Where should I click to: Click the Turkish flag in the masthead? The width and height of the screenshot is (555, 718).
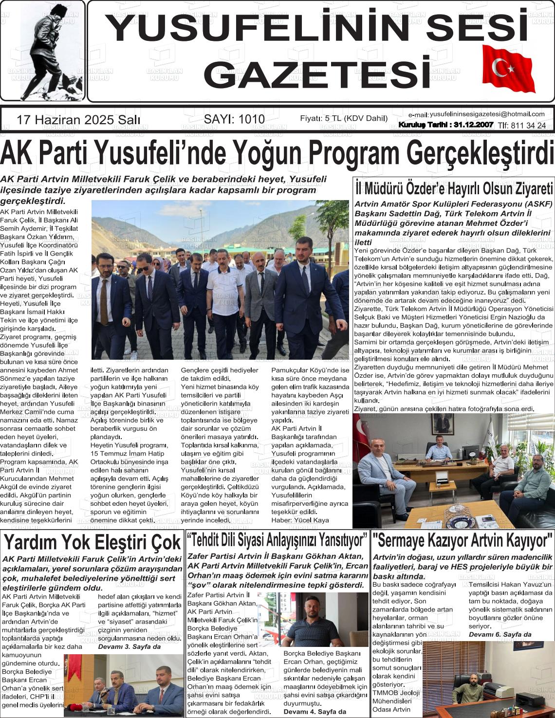click(x=508, y=69)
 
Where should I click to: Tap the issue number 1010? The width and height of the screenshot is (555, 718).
click(x=234, y=119)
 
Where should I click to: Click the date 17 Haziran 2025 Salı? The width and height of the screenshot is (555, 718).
click(x=78, y=119)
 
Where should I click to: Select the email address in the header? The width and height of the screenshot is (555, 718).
click(x=486, y=114)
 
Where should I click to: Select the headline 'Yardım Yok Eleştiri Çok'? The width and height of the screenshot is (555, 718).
click(x=92, y=542)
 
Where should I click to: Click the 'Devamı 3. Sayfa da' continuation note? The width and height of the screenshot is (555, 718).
click(x=129, y=647)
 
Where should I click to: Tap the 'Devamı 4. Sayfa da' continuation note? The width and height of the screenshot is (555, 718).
click(x=314, y=711)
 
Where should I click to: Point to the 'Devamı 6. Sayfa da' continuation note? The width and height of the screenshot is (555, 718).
click(x=500, y=634)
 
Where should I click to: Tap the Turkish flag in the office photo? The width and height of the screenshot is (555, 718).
click(x=363, y=433)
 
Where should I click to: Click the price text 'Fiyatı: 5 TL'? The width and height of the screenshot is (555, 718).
click(x=344, y=119)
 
